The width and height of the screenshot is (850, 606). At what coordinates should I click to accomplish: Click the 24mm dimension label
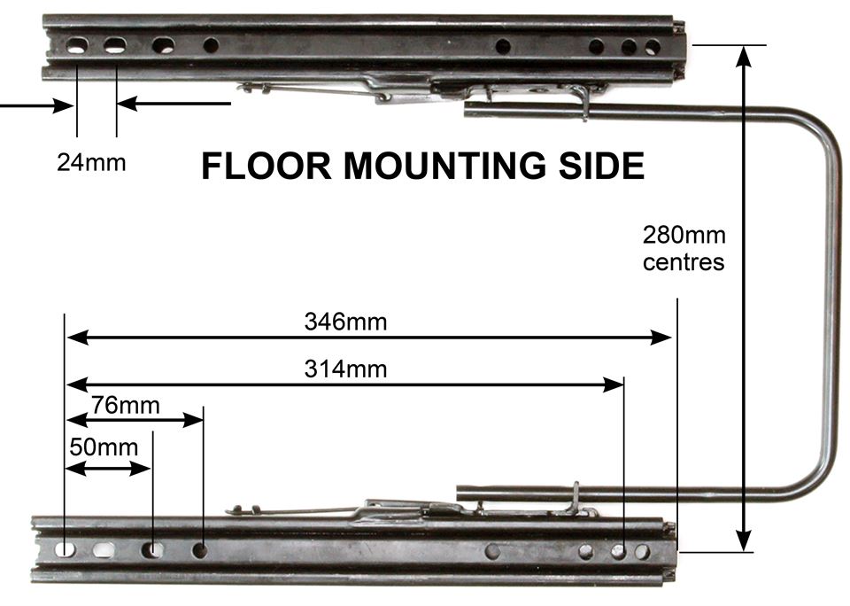pyautogui.click(x=91, y=162)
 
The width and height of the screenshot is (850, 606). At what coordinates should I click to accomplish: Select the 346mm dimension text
pyautogui.click(x=345, y=322)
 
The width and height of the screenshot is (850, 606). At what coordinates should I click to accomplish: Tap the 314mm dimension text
pyautogui.click(x=345, y=369)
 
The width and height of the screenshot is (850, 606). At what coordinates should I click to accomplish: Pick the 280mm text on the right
pyautogui.click(x=684, y=237)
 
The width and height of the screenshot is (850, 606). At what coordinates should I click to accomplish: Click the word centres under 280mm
pyautogui.click(x=684, y=262)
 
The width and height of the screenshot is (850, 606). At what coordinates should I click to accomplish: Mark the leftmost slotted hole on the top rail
pyautogui.click(x=77, y=46)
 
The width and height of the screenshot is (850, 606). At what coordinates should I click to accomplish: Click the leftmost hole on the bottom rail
pyautogui.click(x=66, y=549)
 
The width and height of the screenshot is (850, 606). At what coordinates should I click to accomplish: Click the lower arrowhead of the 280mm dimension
pyautogui.click(x=745, y=541)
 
